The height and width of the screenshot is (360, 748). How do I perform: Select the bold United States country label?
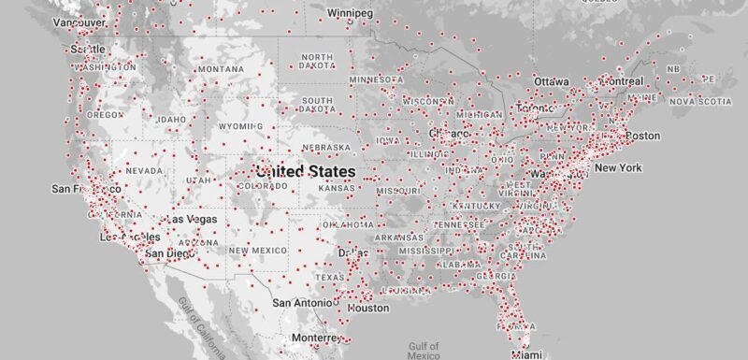305,172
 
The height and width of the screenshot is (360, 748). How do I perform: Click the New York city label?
618,167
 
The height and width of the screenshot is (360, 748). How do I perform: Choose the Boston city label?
642,136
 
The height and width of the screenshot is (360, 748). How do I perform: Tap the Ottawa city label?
551,81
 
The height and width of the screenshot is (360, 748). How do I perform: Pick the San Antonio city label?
301,303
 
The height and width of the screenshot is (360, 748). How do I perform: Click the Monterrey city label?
311,338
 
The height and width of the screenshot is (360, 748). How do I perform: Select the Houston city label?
368,308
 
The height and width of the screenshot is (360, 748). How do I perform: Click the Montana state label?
221,69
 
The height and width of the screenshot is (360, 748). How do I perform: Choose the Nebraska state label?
326,148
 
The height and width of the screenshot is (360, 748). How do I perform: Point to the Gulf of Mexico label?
424,351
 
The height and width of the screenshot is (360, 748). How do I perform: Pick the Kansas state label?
336,189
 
